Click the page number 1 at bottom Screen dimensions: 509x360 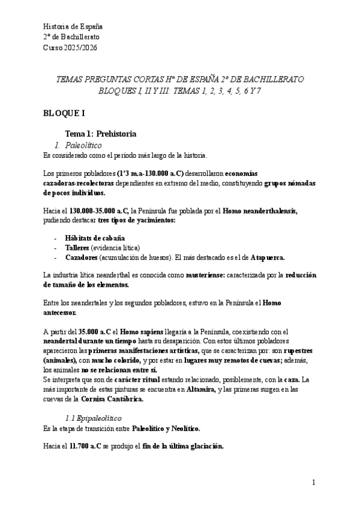313,483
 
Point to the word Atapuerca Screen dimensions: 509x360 267,258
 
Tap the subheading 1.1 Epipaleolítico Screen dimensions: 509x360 93,417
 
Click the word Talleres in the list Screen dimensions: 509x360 77,248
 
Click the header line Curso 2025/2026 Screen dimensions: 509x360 70,47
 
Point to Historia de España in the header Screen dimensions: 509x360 73,27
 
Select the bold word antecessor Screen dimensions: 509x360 61,313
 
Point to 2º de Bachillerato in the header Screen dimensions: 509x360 71,37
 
